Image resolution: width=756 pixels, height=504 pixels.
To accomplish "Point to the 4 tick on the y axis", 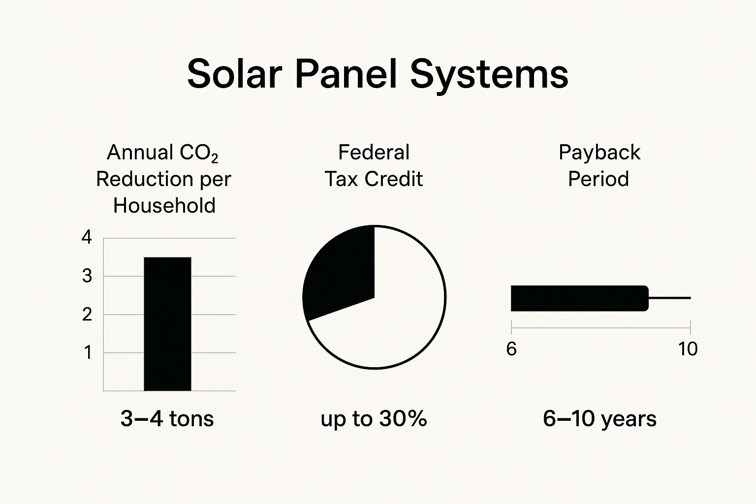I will [x=87, y=238].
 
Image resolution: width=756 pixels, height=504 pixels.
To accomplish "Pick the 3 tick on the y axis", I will [x=87, y=276].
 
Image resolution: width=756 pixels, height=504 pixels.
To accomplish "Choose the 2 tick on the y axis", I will [x=87, y=315].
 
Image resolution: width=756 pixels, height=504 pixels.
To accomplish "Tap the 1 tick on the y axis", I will [x=88, y=353].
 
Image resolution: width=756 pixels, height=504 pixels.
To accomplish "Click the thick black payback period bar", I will [x=579, y=298].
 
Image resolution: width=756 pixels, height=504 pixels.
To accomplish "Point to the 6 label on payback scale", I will [x=511, y=349].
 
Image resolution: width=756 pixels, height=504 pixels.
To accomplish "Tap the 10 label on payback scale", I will [x=688, y=349].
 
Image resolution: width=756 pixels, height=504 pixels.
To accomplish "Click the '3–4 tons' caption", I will [x=167, y=419].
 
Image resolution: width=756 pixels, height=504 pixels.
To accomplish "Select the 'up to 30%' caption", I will [x=374, y=419].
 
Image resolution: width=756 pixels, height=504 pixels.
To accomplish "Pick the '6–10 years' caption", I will [x=599, y=419].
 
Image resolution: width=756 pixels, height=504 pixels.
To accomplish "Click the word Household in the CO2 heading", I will [x=164, y=205].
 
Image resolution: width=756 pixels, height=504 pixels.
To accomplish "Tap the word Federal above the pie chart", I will [x=374, y=153].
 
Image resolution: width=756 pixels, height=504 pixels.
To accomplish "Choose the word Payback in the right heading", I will [x=599, y=153].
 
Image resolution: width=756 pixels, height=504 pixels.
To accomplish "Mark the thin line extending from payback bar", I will [x=670, y=298].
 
